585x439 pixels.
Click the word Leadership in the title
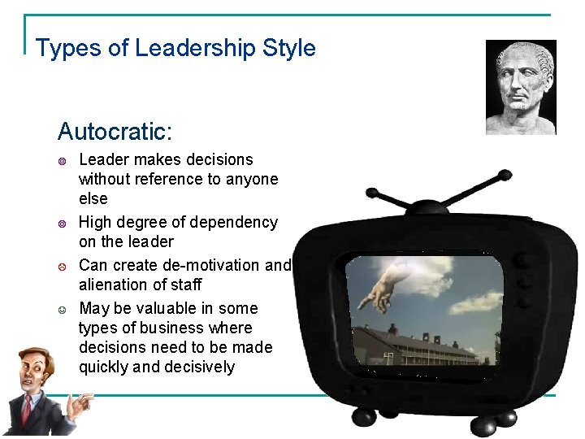point(196,48)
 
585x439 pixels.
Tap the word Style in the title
point(289,48)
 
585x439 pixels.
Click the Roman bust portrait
point(521,87)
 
